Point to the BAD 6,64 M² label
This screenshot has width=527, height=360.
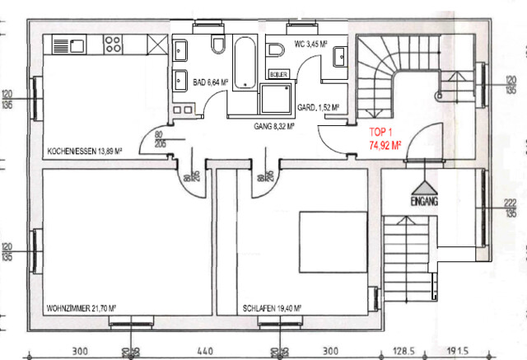210,82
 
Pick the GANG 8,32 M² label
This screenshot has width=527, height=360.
273,127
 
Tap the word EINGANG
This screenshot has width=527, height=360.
423,201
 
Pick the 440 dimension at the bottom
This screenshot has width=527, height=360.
205,349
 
